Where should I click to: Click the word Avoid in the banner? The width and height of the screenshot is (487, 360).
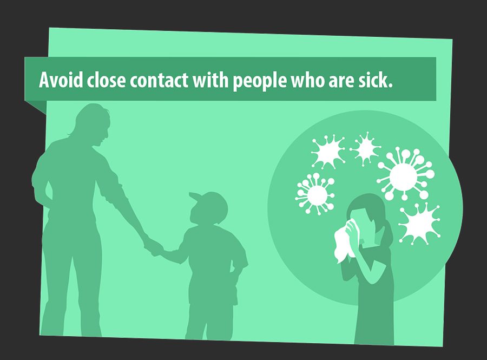pyautogui.click(x=61, y=80)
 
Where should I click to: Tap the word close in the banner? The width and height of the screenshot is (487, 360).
pyautogui.click(x=107, y=80)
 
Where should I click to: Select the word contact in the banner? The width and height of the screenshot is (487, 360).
pyautogui.click(x=159, y=80)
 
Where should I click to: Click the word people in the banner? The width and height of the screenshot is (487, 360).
pyautogui.click(x=260, y=82)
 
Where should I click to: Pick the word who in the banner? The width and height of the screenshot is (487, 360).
pyautogui.click(x=307, y=80)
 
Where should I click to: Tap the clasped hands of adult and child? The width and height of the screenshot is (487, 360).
pyautogui.click(x=154, y=247)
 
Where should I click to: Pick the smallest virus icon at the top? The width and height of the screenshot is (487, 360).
pyautogui.click(x=365, y=148)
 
